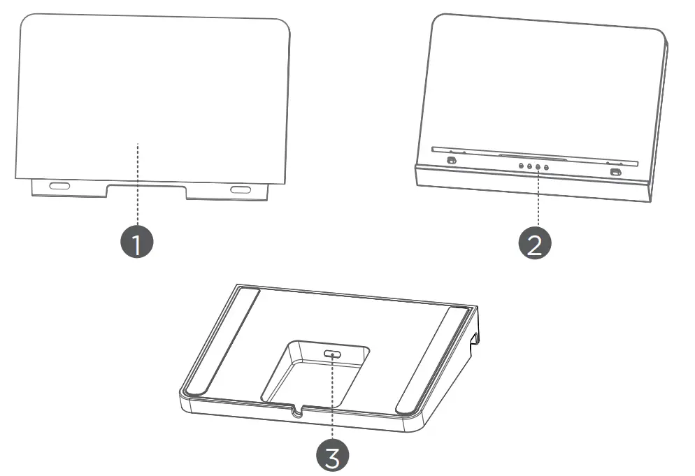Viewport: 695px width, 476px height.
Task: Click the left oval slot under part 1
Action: (x=59, y=187)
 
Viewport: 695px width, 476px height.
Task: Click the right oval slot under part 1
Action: (x=241, y=190)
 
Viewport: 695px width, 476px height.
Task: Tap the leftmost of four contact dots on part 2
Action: (x=521, y=166)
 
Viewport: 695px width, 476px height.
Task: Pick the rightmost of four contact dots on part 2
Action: (x=546, y=168)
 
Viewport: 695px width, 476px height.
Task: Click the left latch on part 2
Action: (x=451, y=161)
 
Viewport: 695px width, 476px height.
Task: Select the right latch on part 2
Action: (x=615, y=173)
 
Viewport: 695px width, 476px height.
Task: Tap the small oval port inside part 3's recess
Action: (x=334, y=354)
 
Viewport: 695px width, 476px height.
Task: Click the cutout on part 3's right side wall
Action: (x=474, y=340)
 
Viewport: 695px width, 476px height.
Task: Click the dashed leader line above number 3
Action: (x=334, y=398)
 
